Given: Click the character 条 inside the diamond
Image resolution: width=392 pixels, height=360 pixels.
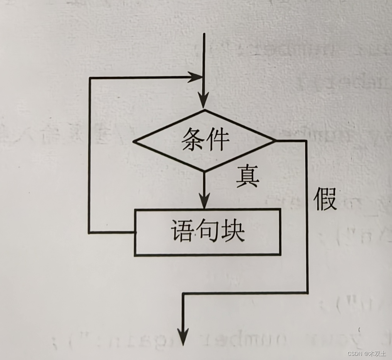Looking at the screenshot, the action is click(x=193, y=139).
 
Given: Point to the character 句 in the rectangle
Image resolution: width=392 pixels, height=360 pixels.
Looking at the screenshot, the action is click(x=208, y=231).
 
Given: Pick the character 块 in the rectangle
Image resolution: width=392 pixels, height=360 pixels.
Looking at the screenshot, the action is click(x=233, y=231).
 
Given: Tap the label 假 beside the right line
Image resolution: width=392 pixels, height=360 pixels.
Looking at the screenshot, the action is click(x=325, y=199).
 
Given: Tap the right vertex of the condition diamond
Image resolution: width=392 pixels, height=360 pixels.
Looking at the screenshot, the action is click(x=275, y=141).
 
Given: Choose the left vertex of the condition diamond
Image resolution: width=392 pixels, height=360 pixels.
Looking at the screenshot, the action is click(x=133, y=141).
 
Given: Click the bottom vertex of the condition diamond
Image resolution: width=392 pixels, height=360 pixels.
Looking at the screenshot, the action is click(x=204, y=171).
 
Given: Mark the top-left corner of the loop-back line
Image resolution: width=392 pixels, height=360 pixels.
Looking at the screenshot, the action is click(x=90, y=78).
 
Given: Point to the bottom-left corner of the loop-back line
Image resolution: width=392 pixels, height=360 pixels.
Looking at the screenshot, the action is click(x=89, y=233).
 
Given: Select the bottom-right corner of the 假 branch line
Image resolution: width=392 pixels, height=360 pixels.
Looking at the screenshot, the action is click(x=307, y=293).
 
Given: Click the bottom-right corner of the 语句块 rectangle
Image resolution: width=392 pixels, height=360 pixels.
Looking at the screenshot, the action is click(x=280, y=255).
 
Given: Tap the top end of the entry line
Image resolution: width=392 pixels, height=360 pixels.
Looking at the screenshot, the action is click(x=204, y=34).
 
